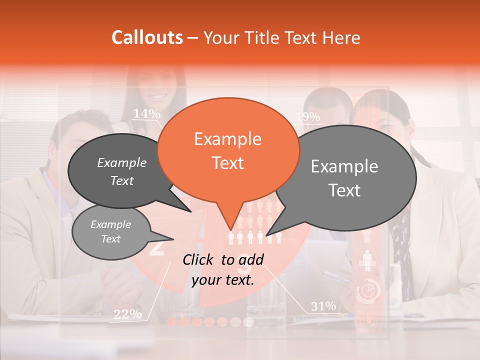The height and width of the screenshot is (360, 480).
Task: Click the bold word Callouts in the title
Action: tap(147, 37)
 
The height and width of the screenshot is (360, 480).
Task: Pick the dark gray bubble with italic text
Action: tap(117, 171)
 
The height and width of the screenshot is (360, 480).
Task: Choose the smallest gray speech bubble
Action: tap(110, 232)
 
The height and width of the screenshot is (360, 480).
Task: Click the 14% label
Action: tap(146, 114)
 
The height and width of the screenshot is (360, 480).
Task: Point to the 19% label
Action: tap(307, 117)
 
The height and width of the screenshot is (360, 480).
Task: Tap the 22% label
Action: tap(127, 314)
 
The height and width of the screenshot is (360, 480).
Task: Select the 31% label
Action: tap(323, 306)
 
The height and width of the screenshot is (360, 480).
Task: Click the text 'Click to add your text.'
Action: tap(223, 270)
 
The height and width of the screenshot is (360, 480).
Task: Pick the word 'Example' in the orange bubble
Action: tap(228, 139)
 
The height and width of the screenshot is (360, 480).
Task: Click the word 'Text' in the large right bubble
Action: tap(345, 190)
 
